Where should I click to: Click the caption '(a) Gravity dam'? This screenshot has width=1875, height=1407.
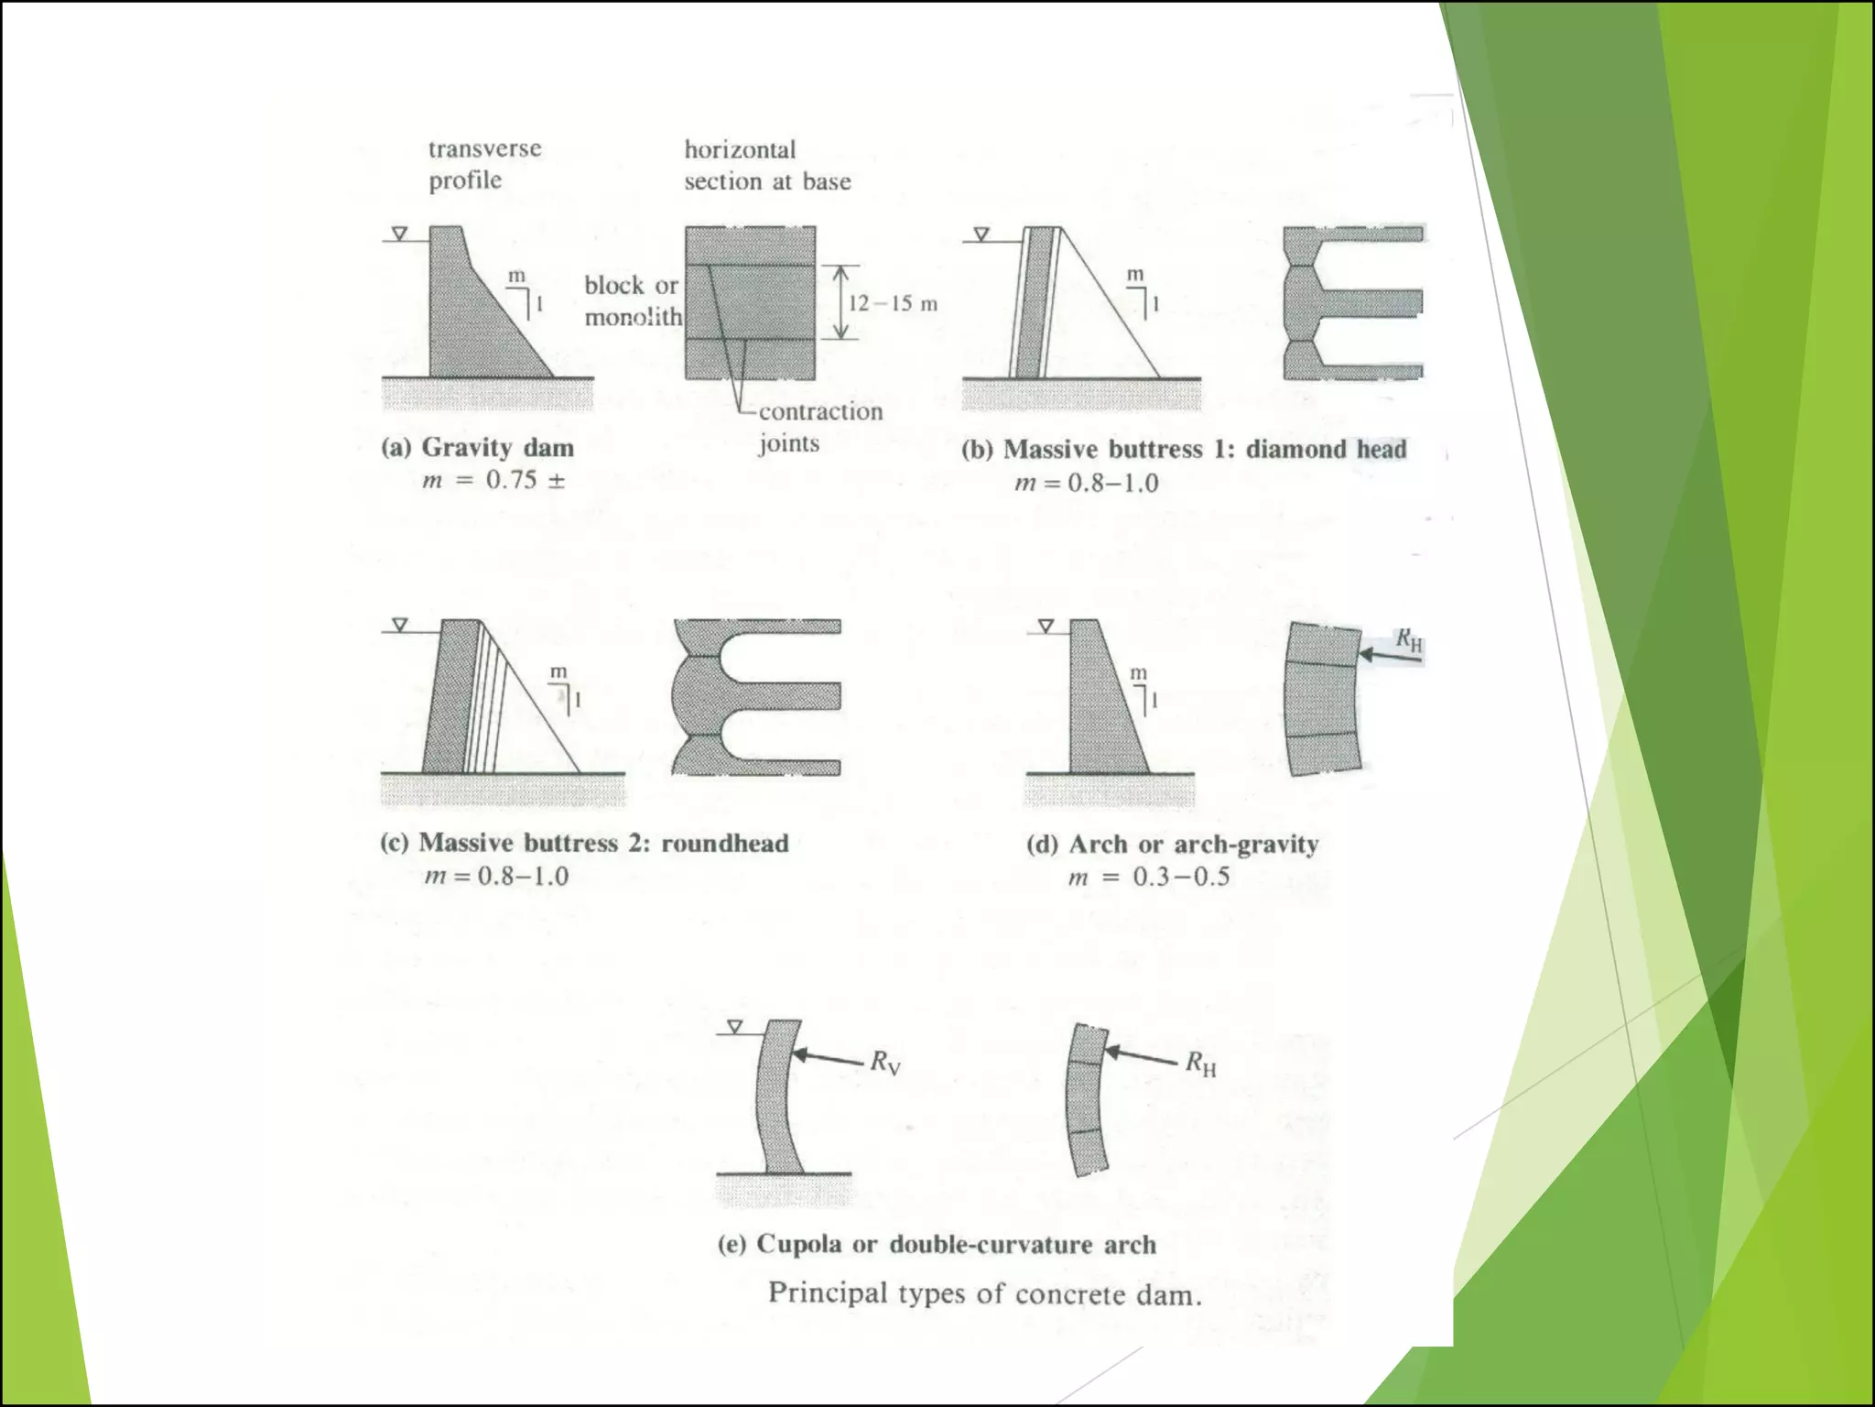coord(477,448)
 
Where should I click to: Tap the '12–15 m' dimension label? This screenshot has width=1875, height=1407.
coord(893,303)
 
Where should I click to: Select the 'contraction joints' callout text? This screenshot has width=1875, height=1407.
coord(820,427)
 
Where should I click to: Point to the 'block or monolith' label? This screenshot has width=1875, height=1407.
coord(634,301)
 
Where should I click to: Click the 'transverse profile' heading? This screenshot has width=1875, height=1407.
coord(484,164)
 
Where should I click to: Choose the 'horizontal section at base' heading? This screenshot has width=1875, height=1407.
coord(767,165)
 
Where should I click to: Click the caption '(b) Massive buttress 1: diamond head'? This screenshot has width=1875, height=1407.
coord(1184,449)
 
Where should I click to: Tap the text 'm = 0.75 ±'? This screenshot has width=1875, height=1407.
coord(493,480)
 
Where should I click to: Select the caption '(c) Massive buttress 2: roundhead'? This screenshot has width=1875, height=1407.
coord(584,843)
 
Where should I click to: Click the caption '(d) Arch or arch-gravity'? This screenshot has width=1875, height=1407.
coord(1172,844)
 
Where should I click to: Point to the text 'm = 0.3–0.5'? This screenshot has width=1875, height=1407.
coord(1148,877)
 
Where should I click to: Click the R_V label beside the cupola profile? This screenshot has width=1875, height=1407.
coord(885,1063)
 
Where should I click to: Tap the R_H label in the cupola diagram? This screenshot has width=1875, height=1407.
coord(1200,1063)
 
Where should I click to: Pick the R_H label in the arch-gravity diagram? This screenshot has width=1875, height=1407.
coord(1409,639)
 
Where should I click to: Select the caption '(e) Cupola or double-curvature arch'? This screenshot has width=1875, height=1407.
coord(937,1244)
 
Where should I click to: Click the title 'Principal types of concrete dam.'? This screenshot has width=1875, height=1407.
coord(984,1293)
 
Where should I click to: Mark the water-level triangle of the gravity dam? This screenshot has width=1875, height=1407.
coord(399,234)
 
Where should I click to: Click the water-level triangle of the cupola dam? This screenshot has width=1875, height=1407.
coord(733,1027)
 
